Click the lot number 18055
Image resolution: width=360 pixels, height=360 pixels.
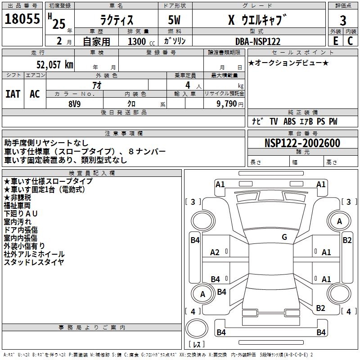22,19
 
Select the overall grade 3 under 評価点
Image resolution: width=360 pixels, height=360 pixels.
343,20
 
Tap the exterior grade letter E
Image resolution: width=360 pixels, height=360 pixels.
335,41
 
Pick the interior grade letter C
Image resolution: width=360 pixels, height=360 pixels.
350,41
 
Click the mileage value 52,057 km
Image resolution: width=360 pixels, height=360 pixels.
55,65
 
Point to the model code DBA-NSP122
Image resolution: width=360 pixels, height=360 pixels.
258,41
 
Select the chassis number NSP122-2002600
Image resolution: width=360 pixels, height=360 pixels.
302,143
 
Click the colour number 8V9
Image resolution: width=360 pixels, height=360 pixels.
75,104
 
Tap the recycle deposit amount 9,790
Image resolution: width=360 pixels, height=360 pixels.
227,104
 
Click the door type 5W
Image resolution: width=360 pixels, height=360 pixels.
174,20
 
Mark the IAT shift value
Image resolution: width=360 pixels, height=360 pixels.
13,94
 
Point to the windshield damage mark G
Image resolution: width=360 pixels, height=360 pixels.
284,237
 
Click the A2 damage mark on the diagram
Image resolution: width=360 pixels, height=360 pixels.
215,252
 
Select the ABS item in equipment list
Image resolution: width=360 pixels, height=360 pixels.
289,121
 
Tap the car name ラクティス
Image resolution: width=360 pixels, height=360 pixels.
117,20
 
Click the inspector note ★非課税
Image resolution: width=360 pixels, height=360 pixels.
17,198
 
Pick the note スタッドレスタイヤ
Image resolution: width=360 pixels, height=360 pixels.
34,262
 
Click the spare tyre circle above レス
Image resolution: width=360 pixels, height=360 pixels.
197,328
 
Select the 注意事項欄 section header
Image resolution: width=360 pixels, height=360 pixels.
123,133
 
